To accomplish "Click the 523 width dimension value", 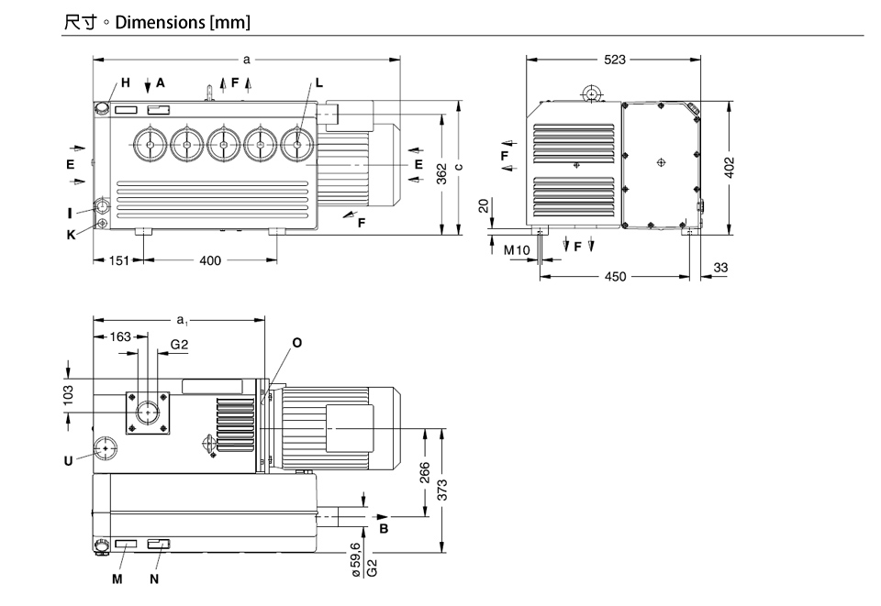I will coord(615,60).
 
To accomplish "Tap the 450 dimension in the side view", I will coord(615,276).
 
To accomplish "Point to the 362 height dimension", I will coord(441,175).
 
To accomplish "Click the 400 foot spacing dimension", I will coord(210,260).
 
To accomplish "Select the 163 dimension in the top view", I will coord(121,336).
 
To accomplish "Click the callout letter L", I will coord(318,83).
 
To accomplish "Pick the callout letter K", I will coord(70,233).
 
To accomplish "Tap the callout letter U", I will coord(68,461).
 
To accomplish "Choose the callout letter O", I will coord(296,342).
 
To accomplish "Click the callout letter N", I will coord(153,579).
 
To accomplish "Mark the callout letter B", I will coord(385,529).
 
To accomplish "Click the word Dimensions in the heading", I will coord(160,20).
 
